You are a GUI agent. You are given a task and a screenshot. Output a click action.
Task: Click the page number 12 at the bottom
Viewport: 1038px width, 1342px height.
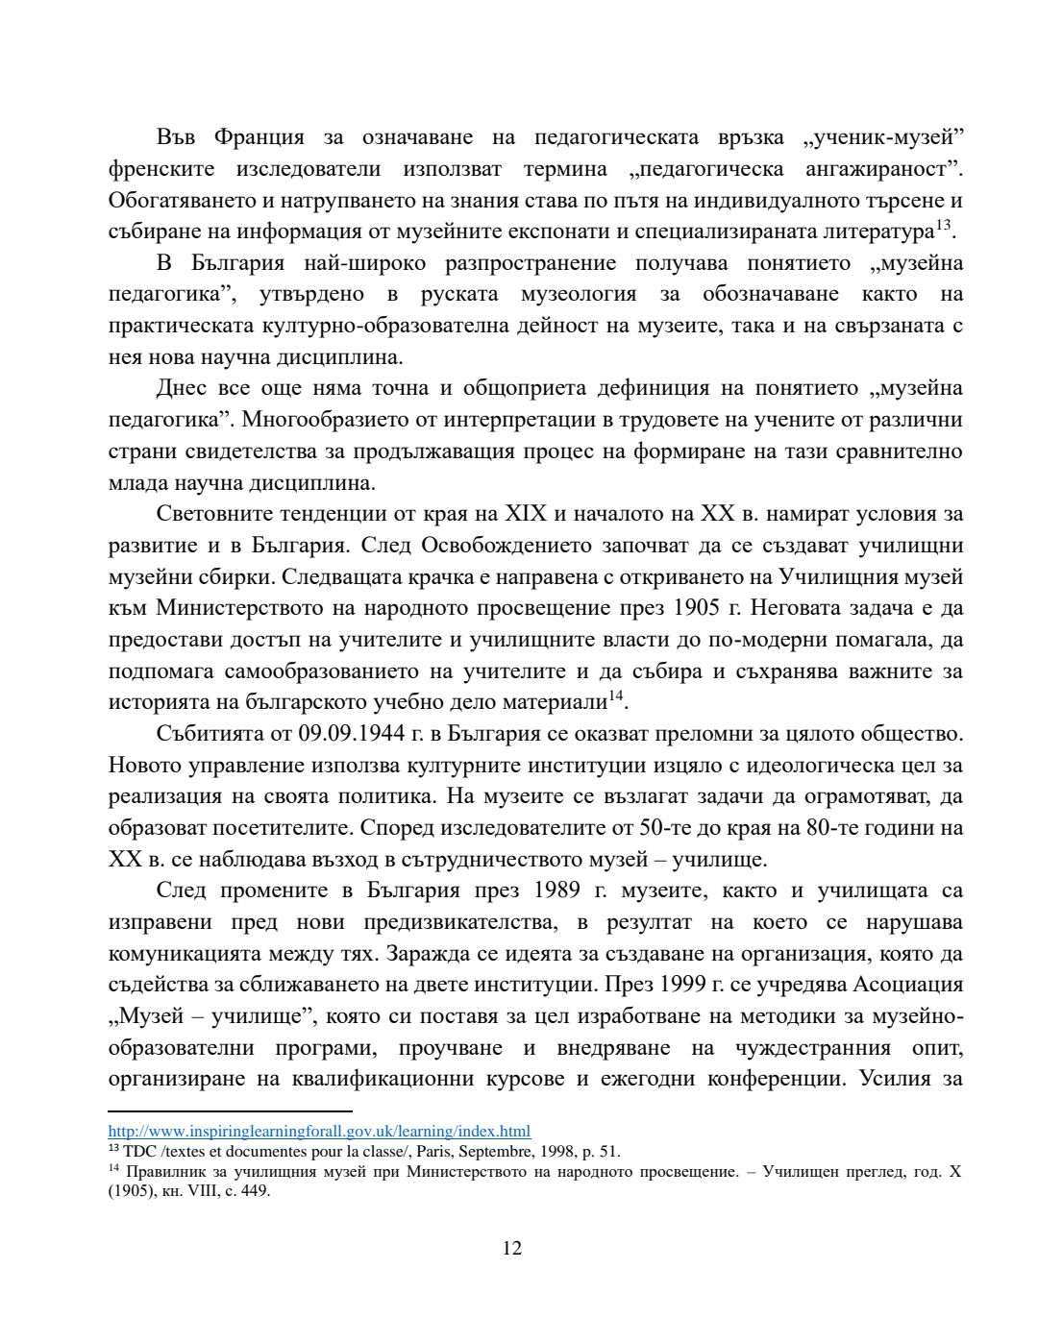(512, 1248)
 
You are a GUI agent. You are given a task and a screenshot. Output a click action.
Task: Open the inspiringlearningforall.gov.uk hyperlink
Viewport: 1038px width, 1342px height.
(319, 1132)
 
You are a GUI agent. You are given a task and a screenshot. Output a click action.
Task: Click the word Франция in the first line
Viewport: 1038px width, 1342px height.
(259, 137)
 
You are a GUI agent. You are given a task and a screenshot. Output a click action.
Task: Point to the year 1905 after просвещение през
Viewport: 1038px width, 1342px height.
(697, 608)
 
